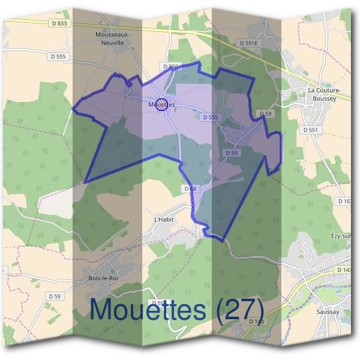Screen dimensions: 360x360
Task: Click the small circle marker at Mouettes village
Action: [x=161, y=104]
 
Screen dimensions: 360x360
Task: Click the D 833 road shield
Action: [x=58, y=23]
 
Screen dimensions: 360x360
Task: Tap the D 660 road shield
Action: [x=170, y=66]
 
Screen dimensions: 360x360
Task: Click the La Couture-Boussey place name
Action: [x=324, y=94]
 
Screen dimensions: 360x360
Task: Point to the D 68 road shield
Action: [x=190, y=188]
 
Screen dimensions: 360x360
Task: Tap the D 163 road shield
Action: [x=345, y=202]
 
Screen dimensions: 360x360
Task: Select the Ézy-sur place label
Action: [x=342, y=237]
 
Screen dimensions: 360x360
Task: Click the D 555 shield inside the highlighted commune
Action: [x=210, y=118]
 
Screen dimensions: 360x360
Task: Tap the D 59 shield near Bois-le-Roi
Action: [x=54, y=296]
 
